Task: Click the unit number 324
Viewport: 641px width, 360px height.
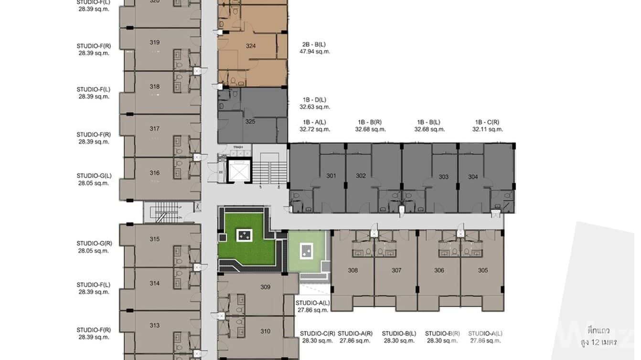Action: point(251,46)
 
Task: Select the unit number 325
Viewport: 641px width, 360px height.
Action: point(250,122)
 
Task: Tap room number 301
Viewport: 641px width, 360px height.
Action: point(331,176)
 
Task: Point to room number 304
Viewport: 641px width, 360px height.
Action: point(473,177)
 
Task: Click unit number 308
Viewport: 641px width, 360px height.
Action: point(353,270)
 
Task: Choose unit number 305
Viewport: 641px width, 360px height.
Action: point(483,270)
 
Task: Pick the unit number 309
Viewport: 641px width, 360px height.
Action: point(266,287)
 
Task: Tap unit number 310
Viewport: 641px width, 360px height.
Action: point(266,331)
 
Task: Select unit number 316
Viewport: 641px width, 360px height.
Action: point(154,173)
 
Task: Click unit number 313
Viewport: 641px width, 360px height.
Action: point(154,326)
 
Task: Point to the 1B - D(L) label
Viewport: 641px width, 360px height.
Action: point(314,100)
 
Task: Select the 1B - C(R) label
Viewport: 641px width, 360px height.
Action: point(487,122)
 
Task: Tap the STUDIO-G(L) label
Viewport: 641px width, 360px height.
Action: point(94,176)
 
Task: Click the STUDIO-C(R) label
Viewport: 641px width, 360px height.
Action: point(315,333)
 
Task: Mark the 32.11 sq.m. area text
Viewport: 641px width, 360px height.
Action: point(487,129)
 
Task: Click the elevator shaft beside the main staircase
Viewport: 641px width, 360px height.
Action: point(239,170)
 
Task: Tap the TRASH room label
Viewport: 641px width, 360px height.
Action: point(238,147)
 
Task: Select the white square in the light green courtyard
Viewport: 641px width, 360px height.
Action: point(306,251)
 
